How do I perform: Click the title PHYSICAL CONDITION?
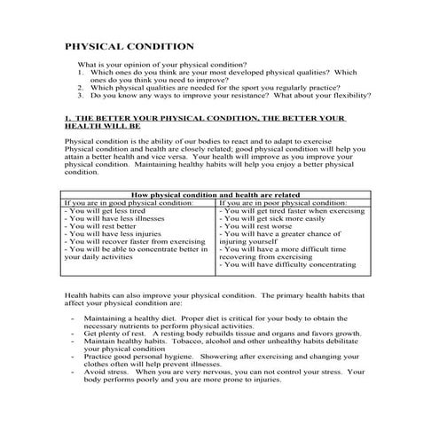129,46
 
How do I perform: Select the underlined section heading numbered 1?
204,122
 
